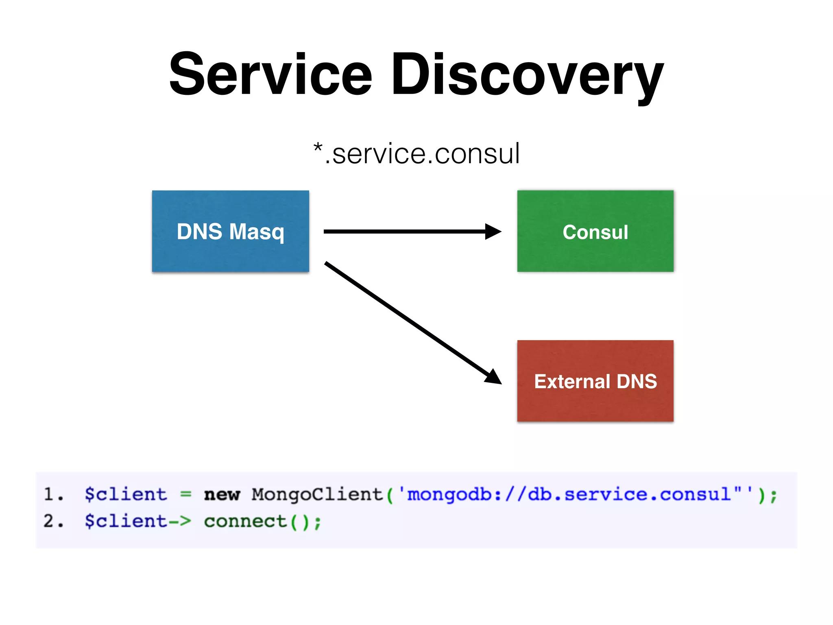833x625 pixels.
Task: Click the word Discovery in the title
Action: click(x=527, y=75)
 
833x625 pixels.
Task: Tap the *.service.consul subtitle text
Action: click(x=416, y=154)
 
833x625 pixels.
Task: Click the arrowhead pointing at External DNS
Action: click(x=494, y=377)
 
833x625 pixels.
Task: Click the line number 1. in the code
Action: click(x=53, y=494)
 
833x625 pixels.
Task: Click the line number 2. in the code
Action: click(x=53, y=521)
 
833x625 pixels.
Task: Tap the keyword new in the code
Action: click(x=222, y=495)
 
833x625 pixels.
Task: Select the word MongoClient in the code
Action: click(x=317, y=494)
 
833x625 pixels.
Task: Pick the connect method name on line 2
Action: click(x=245, y=522)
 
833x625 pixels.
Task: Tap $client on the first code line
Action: click(x=126, y=494)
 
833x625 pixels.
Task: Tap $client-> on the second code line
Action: click(x=137, y=522)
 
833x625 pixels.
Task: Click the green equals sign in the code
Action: click(x=185, y=495)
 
